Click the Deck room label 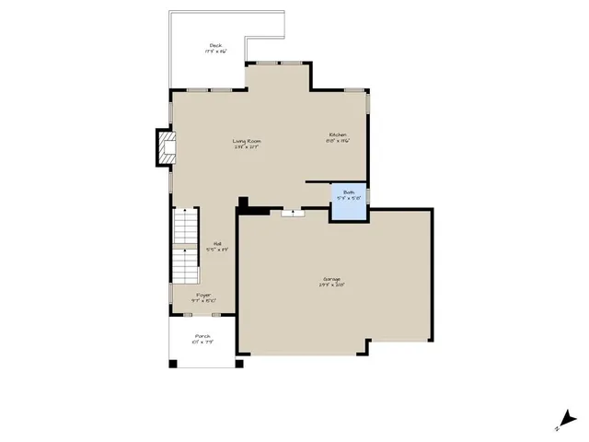tap(215, 45)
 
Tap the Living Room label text tap(247, 140)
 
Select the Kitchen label tap(338, 135)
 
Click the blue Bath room tap(349, 202)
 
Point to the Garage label tap(332, 278)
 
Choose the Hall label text tap(219, 243)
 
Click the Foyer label tap(203, 295)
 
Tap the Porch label tap(203, 336)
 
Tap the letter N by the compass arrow tap(558, 429)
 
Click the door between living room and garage tap(294, 212)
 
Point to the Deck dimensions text tap(215, 52)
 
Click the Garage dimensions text tap(332, 285)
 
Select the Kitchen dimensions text tap(338, 142)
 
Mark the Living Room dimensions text tap(247, 146)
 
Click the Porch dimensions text tap(203, 343)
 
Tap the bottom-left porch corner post tap(173, 363)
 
